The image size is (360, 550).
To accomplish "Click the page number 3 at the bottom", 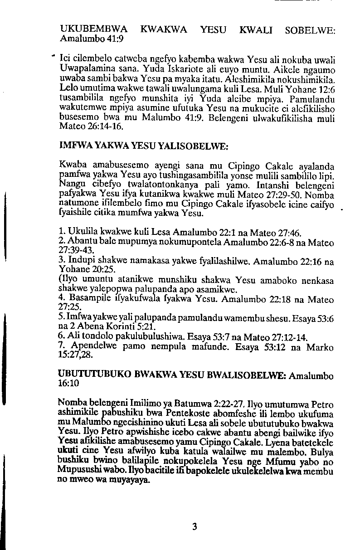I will click(195, 526).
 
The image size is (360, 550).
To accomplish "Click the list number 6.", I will click(62, 337).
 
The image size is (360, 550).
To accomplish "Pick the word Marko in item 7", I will click(320, 348).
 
